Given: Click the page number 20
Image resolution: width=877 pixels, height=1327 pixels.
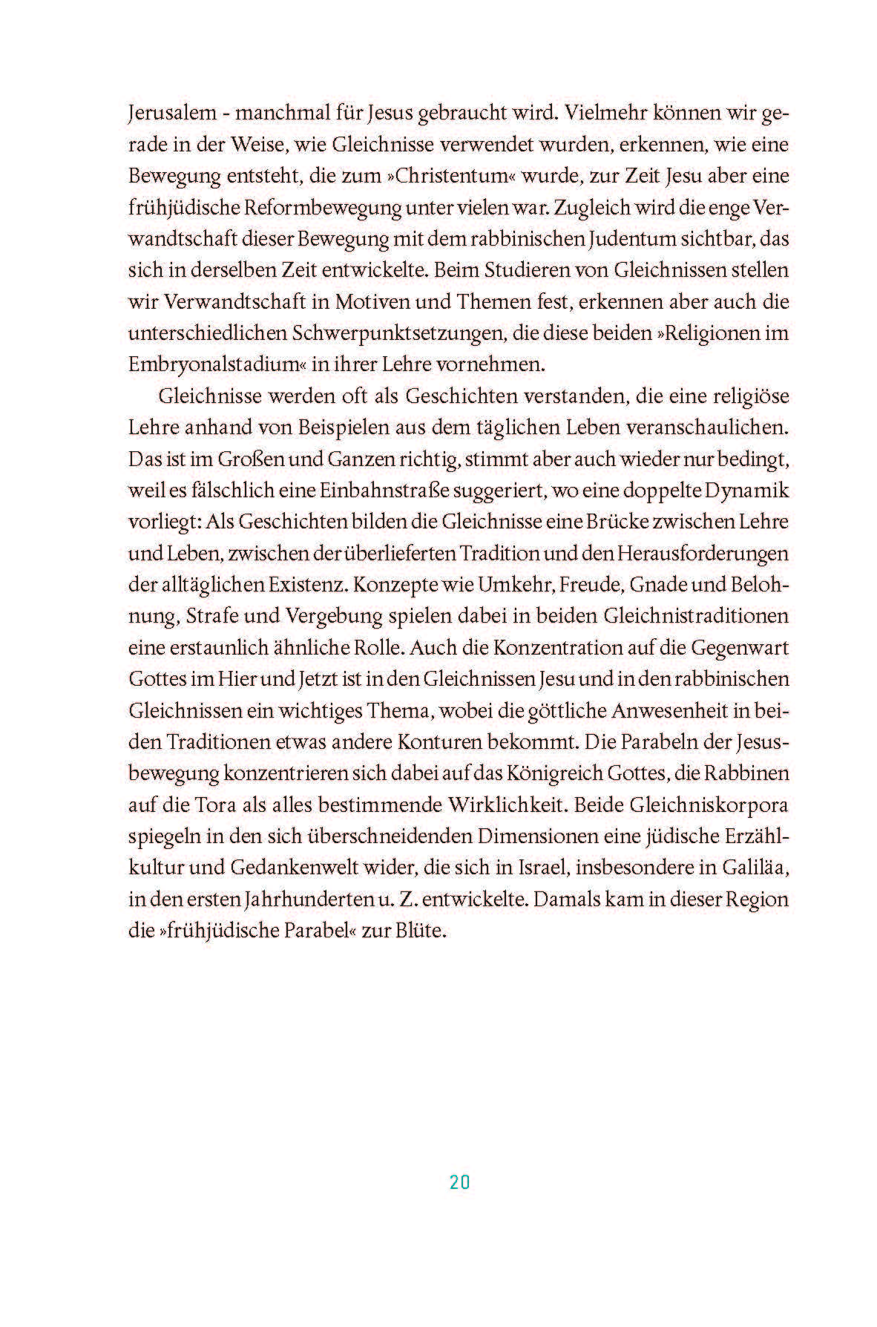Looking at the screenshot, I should [459, 1182].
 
